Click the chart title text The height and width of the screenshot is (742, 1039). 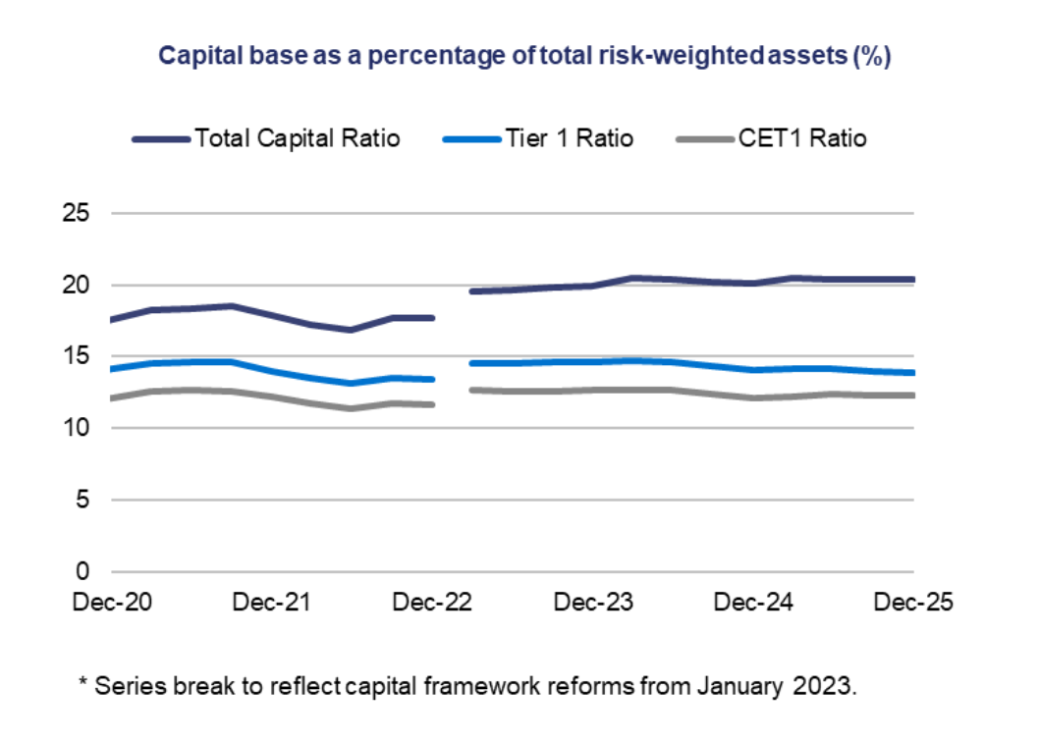click(524, 56)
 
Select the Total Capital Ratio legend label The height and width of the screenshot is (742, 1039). click(297, 138)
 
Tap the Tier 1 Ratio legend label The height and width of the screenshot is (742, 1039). click(570, 138)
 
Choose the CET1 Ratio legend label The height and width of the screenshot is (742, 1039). click(802, 138)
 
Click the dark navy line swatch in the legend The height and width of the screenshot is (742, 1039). click(161, 139)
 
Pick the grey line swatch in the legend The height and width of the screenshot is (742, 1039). click(706, 139)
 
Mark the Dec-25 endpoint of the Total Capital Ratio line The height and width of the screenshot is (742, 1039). click(912, 280)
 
